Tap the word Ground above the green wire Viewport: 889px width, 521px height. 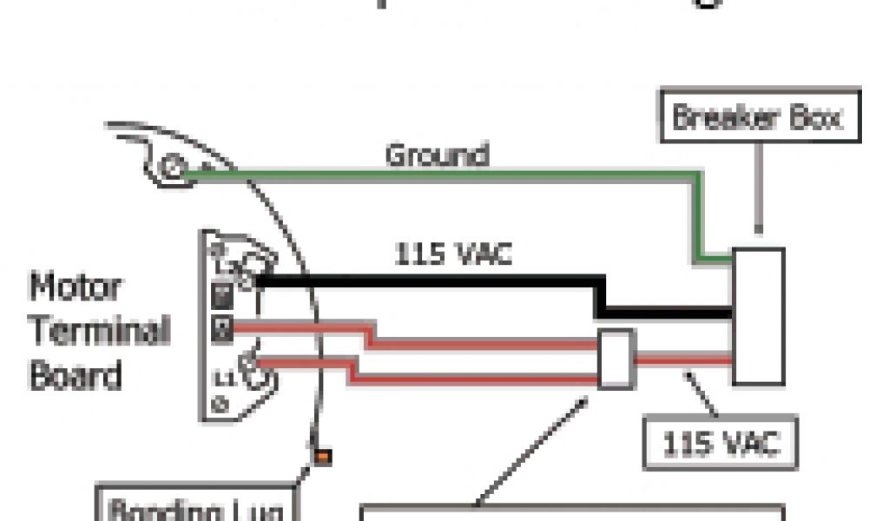[x=437, y=155]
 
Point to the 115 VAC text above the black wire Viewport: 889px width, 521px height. [x=453, y=254]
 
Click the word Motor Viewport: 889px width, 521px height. [x=76, y=286]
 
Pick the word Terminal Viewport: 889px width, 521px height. [x=100, y=330]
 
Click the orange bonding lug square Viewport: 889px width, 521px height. [x=322, y=456]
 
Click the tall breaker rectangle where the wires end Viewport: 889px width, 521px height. [x=758, y=317]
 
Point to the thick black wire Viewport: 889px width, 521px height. [x=434, y=282]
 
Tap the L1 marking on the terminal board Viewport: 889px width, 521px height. [x=223, y=378]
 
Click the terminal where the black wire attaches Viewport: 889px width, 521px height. [x=247, y=280]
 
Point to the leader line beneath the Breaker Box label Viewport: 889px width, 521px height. [x=761, y=187]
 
